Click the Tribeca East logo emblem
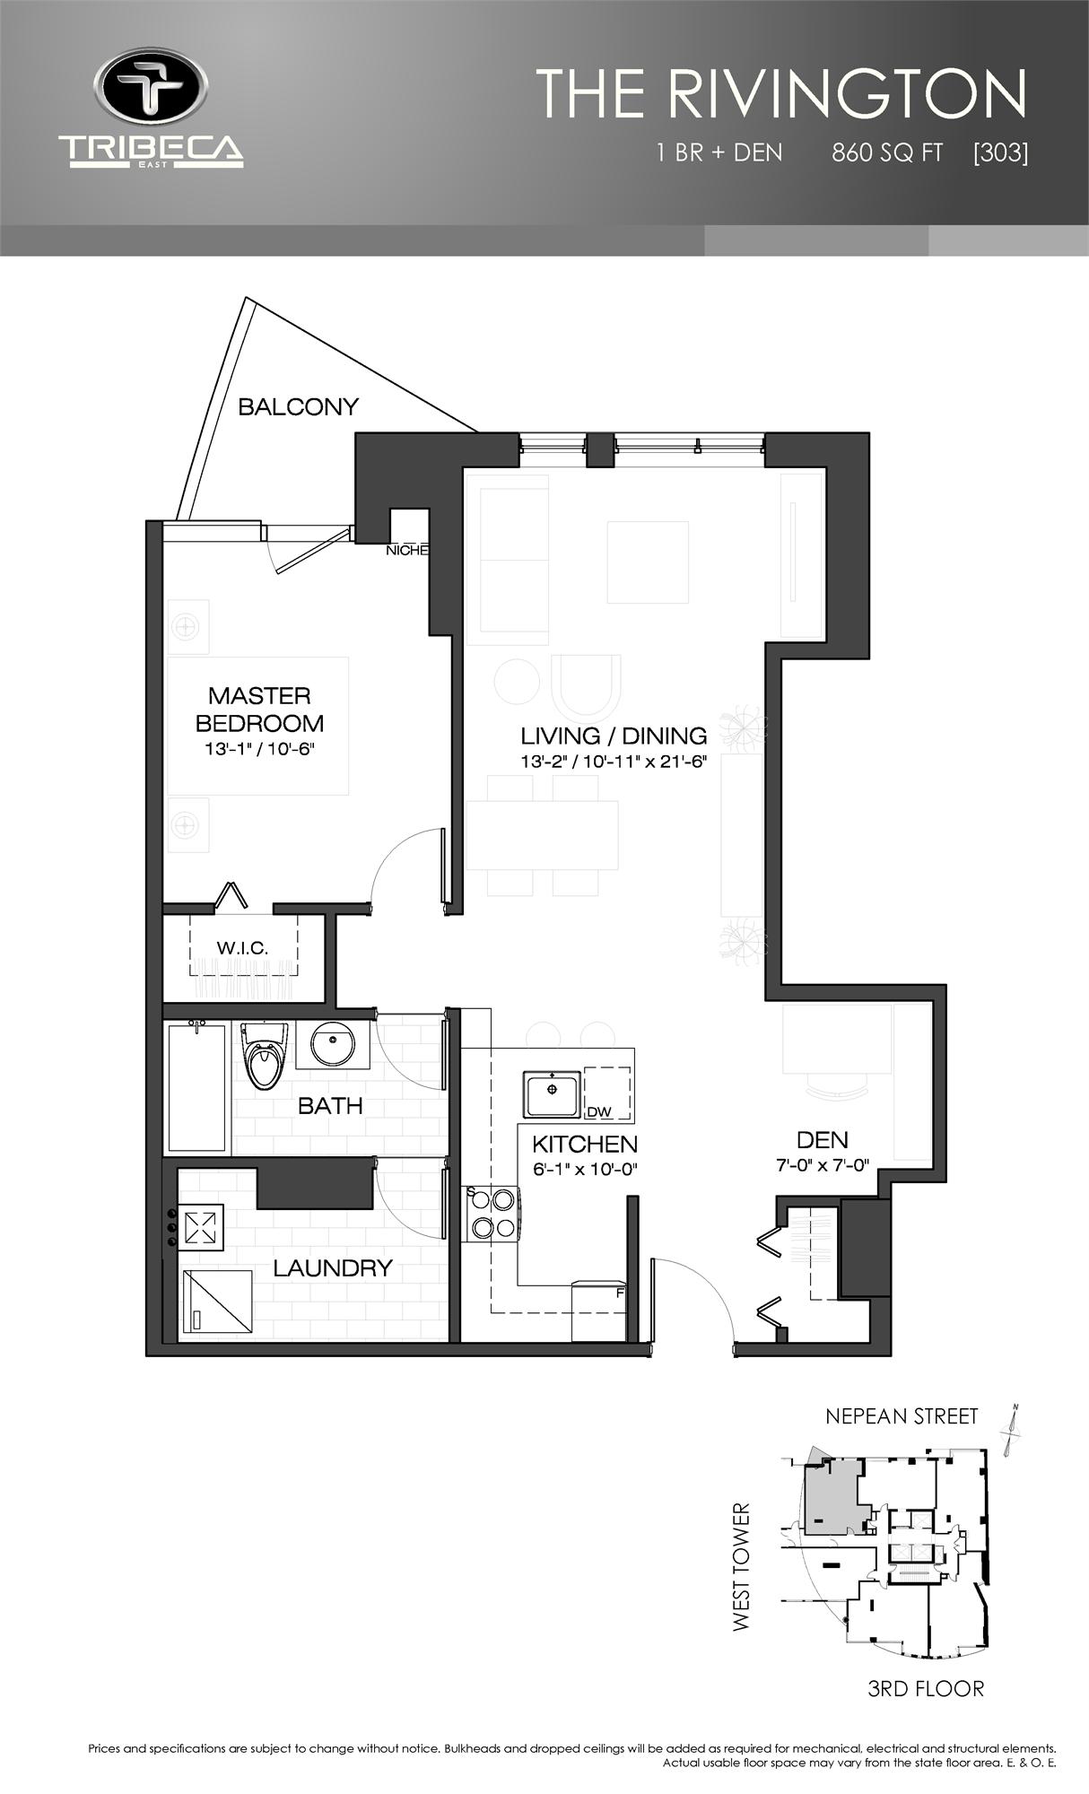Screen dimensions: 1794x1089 [151, 89]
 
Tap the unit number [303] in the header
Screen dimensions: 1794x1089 [1000, 152]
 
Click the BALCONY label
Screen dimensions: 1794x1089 [298, 407]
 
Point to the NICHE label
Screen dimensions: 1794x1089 [406, 551]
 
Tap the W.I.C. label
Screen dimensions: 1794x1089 [242, 947]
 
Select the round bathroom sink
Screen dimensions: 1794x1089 [333, 1044]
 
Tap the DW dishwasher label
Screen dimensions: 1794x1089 [598, 1112]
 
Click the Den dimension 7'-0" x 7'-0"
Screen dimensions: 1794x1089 [822, 1166]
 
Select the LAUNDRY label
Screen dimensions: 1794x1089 [333, 1267]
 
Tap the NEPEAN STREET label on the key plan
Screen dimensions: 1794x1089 [902, 1416]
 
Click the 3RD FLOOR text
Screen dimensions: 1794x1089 [926, 1689]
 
